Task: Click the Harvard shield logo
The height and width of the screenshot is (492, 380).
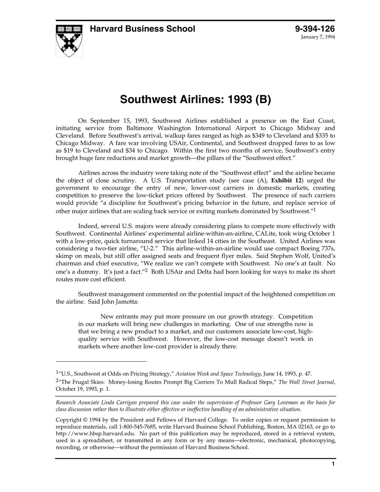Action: pos(69,41)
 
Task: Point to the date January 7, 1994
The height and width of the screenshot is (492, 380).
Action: pos(318,37)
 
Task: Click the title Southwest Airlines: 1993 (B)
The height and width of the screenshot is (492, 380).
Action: pos(195,99)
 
